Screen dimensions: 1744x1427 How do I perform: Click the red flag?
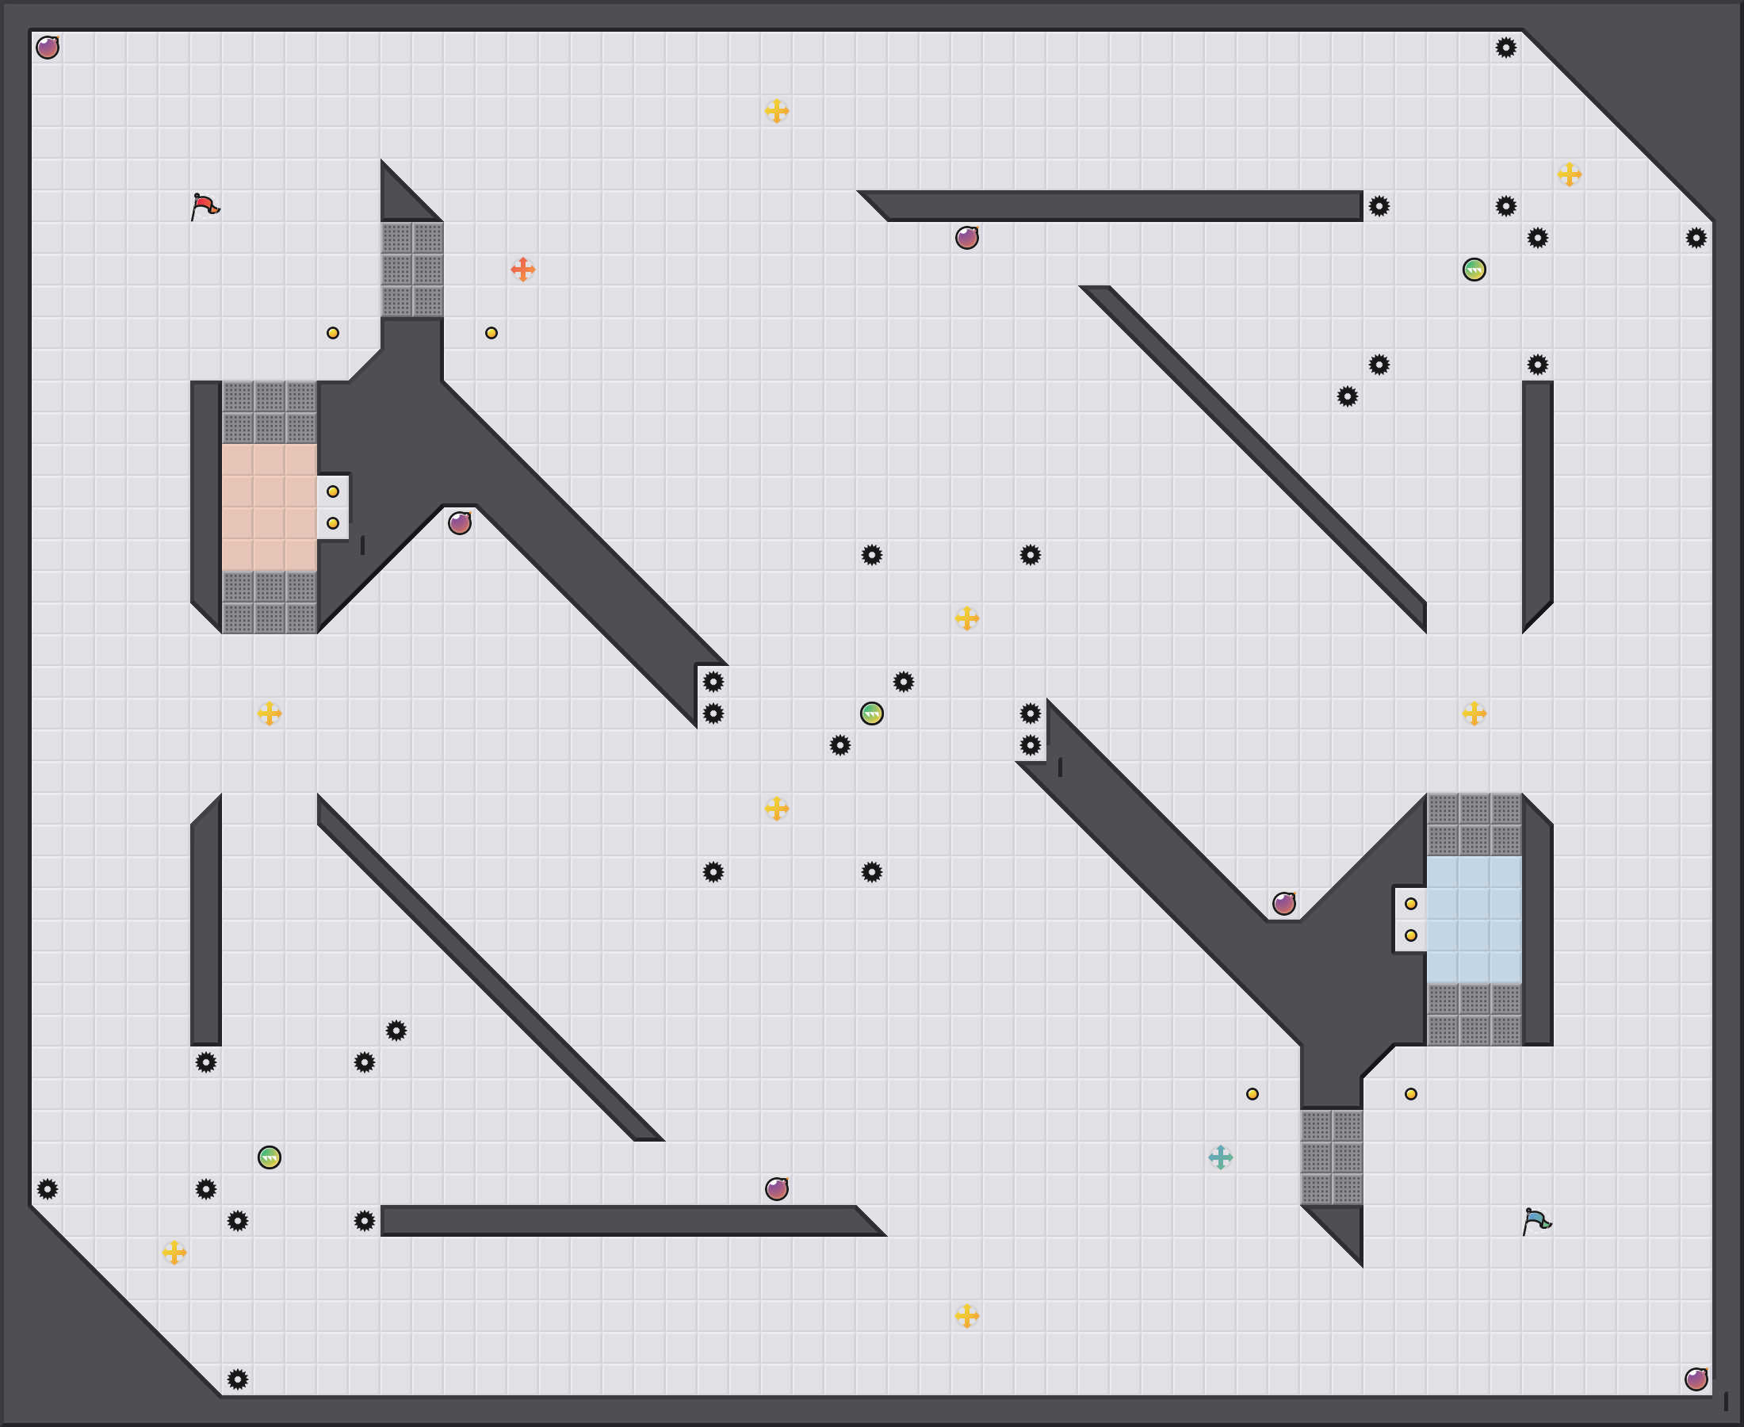(204, 206)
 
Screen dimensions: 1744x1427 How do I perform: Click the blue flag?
(1536, 1221)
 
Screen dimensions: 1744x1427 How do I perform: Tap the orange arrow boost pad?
(522, 269)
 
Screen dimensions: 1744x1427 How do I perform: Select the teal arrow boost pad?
(1221, 1157)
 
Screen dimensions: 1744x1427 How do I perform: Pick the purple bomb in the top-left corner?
(48, 48)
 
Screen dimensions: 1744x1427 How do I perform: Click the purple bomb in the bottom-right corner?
(1696, 1379)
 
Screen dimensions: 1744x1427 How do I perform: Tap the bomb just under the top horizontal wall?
(966, 238)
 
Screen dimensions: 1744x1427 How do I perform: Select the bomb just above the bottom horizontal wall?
(777, 1188)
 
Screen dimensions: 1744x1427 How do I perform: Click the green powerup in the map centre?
(872, 713)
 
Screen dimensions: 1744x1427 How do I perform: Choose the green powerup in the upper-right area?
(1474, 269)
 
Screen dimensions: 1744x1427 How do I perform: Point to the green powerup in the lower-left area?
(270, 1157)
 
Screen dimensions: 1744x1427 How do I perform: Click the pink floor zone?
(269, 507)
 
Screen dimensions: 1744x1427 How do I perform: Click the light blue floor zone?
(1474, 920)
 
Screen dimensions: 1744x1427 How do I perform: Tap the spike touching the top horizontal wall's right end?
(1379, 206)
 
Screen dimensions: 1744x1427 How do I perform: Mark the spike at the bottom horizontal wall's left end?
(364, 1221)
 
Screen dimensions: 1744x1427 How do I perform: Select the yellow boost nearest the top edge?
(777, 111)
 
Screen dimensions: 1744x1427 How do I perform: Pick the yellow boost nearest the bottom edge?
(966, 1315)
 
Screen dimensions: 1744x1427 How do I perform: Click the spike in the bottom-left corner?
(238, 1379)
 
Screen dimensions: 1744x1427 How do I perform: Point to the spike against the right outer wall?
(1696, 238)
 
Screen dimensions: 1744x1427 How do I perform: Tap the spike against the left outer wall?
(48, 1188)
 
